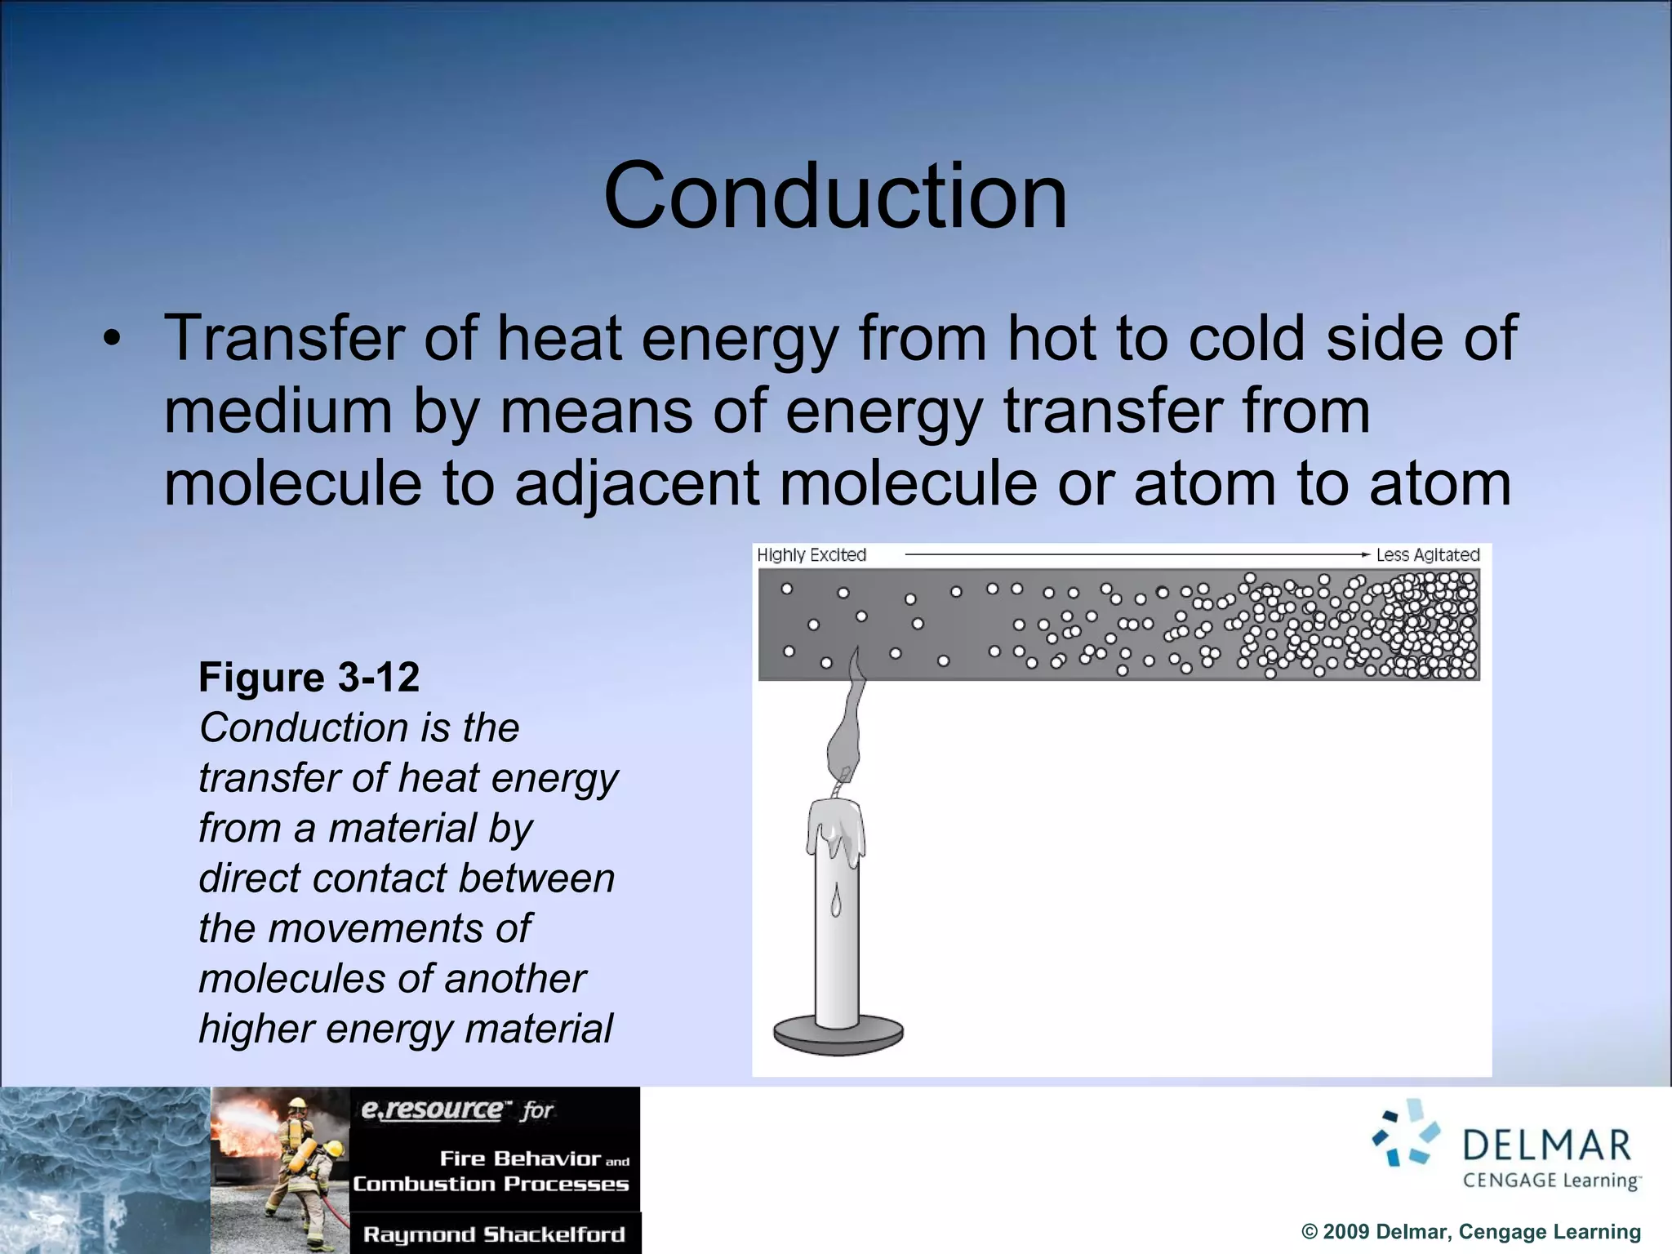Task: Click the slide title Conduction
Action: tap(835, 196)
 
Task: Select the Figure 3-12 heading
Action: tap(309, 677)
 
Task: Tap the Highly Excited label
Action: tap(811, 555)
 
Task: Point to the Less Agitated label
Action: tap(1427, 555)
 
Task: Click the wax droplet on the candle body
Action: tap(835, 902)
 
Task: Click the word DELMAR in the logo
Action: tap(1546, 1145)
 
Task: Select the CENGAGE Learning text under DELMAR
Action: tap(1550, 1181)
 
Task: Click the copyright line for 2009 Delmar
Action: tap(1470, 1232)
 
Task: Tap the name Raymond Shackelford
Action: tap(494, 1234)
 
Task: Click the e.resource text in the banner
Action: tap(433, 1109)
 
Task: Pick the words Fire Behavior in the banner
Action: tap(520, 1158)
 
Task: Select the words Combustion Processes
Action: tap(491, 1184)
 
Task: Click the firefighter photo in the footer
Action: tap(280, 1170)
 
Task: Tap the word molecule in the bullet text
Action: tap(292, 483)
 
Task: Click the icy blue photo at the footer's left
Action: tap(104, 1170)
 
